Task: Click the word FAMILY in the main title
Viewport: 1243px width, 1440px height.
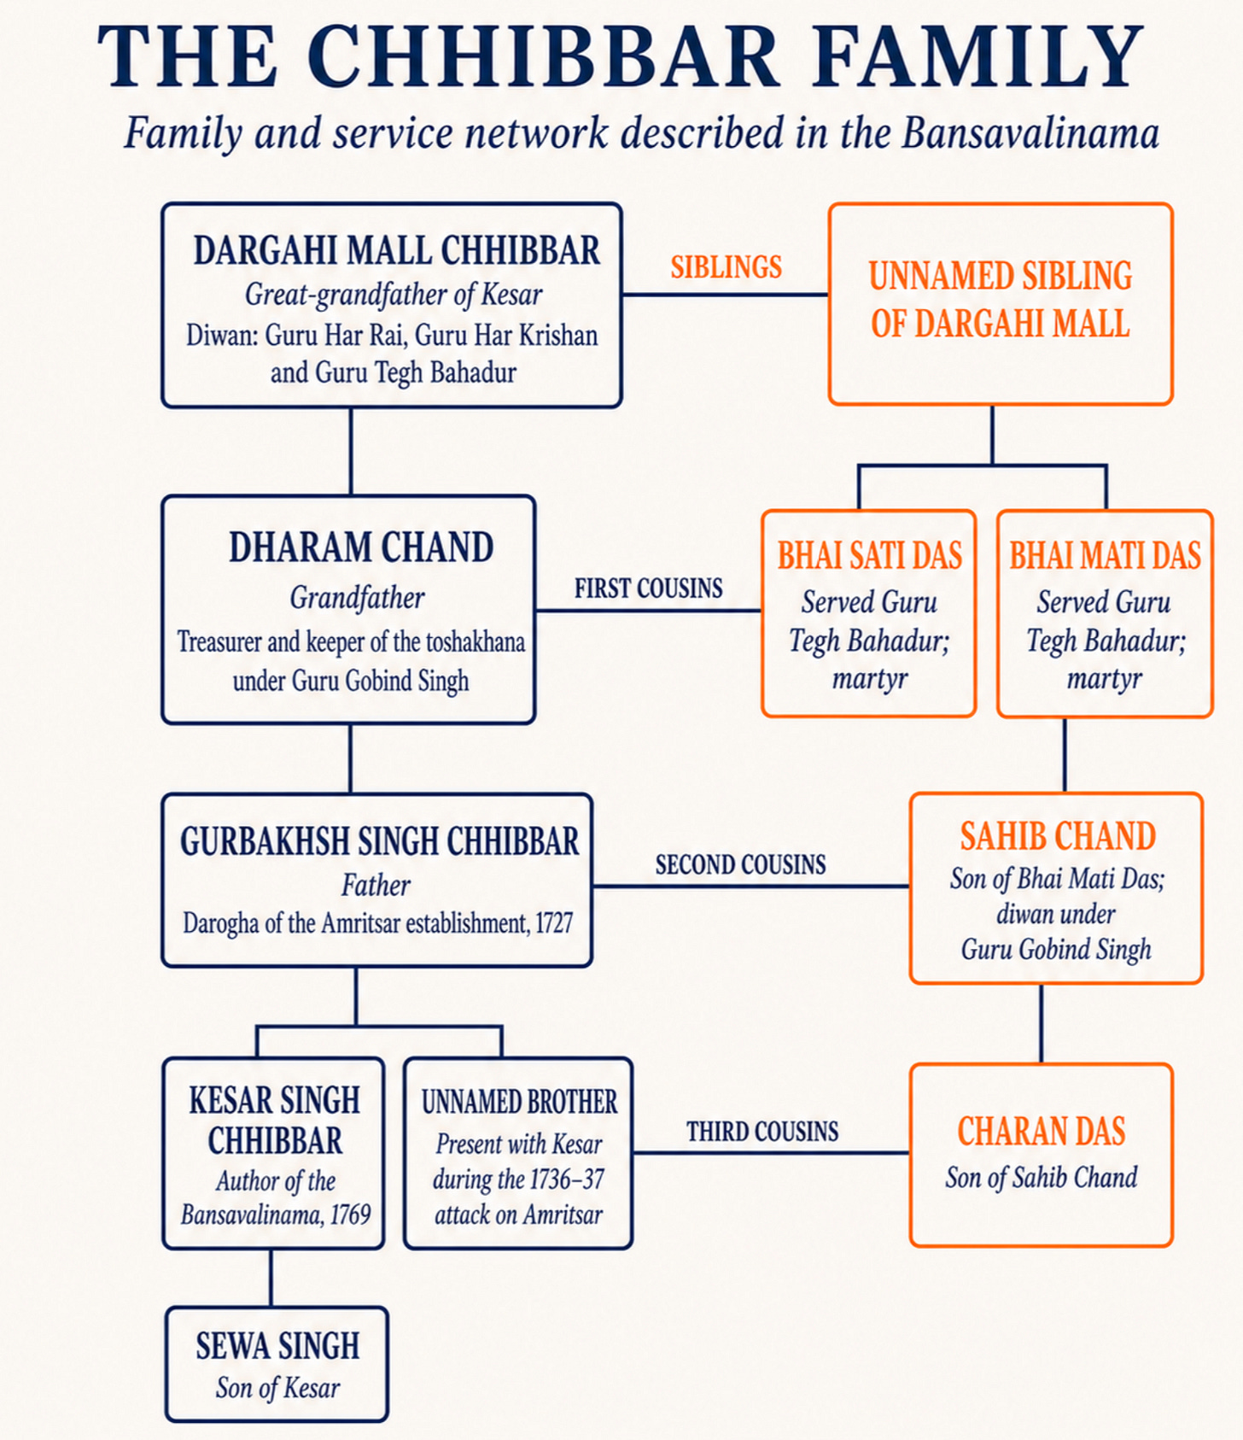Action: point(978,57)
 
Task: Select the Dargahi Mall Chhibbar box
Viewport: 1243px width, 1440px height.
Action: point(392,305)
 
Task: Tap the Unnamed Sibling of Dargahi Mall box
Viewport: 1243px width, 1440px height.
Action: point(1001,304)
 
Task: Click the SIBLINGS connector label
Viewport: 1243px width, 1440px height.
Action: point(726,267)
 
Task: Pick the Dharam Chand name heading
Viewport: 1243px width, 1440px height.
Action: point(361,547)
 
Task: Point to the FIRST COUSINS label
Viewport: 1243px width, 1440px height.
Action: point(648,588)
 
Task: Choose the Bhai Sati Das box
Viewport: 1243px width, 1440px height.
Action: point(869,614)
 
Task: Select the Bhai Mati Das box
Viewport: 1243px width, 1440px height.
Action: point(1105,614)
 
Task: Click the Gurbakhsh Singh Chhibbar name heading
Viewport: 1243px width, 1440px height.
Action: point(379,842)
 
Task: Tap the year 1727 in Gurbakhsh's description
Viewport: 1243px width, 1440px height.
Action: point(554,923)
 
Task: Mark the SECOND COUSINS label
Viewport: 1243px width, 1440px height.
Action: point(740,865)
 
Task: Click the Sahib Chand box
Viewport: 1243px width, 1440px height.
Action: point(1056,888)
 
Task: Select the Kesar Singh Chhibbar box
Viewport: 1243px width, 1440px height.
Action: point(273,1153)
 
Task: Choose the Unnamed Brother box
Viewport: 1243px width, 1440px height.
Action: point(518,1153)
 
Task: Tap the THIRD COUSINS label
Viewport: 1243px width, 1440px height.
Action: point(762,1132)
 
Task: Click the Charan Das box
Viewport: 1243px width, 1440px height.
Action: point(1041,1155)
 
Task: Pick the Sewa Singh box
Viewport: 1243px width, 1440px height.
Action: point(277,1364)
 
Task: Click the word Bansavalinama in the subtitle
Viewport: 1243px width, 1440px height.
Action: point(1030,133)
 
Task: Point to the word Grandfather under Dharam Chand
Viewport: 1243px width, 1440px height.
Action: point(357,598)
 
